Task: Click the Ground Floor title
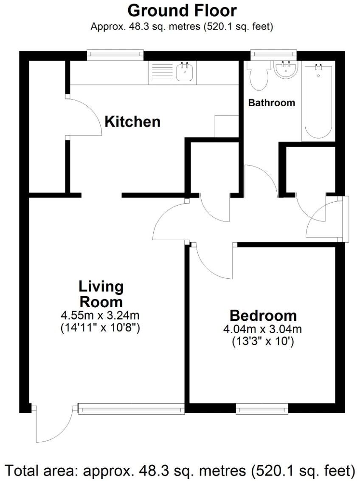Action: (x=182, y=10)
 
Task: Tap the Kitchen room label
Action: (x=132, y=122)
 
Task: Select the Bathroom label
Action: (x=271, y=103)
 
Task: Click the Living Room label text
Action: (x=101, y=294)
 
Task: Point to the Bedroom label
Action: (x=263, y=316)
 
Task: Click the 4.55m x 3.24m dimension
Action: (x=101, y=316)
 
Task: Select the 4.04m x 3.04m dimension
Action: (x=263, y=329)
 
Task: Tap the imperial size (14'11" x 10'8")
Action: (x=101, y=328)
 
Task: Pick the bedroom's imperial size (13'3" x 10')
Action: (x=263, y=341)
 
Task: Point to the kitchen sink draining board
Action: (x=162, y=73)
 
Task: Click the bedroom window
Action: (x=262, y=409)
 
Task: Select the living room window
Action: (x=131, y=409)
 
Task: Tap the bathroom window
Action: (x=273, y=54)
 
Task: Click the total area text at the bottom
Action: (x=180, y=470)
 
